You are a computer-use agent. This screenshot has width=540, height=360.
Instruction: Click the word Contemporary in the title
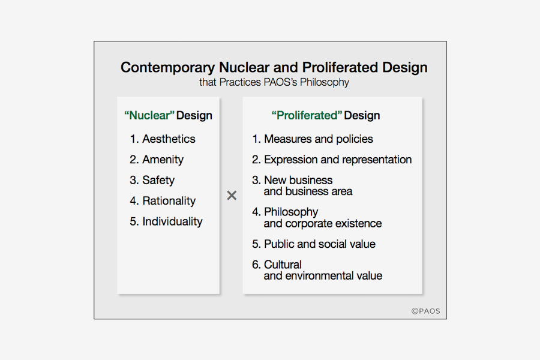[x=167, y=68]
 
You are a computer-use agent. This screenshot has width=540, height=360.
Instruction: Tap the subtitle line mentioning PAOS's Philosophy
[x=274, y=82]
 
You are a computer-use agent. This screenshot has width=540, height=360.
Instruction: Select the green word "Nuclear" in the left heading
[x=149, y=115]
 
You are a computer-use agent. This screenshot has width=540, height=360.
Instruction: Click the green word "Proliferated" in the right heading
[x=307, y=115]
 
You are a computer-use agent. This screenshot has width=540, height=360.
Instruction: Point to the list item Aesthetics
[x=169, y=139]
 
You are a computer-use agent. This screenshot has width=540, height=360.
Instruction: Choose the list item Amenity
[x=163, y=160]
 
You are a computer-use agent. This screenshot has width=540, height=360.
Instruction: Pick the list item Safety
[x=158, y=180]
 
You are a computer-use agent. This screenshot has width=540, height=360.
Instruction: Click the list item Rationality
[x=169, y=201]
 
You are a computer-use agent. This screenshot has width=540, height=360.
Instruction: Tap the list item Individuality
[x=173, y=221]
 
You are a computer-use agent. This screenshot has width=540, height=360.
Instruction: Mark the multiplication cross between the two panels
[x=232, y=196]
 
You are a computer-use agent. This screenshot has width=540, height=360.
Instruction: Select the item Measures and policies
[x=319, y=139]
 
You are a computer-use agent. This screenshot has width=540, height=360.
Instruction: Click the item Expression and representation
[x=338, y=160]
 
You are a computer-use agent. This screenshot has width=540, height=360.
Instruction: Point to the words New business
[x=298, y=180]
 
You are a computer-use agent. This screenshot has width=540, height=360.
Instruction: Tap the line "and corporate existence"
[x=323, y=224]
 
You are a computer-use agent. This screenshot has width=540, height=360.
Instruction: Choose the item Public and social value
[x=320, y=244]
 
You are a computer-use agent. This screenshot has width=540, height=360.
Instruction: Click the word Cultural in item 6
[x=283, y=265]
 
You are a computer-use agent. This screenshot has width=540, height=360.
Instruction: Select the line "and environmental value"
[x=323, y=275]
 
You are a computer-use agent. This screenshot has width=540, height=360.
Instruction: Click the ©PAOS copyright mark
[x=425, y=311]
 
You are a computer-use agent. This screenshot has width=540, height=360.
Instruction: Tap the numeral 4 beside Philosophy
[x=256, y=212]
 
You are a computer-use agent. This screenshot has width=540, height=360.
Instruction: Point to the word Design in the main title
[x=404, y=68]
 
